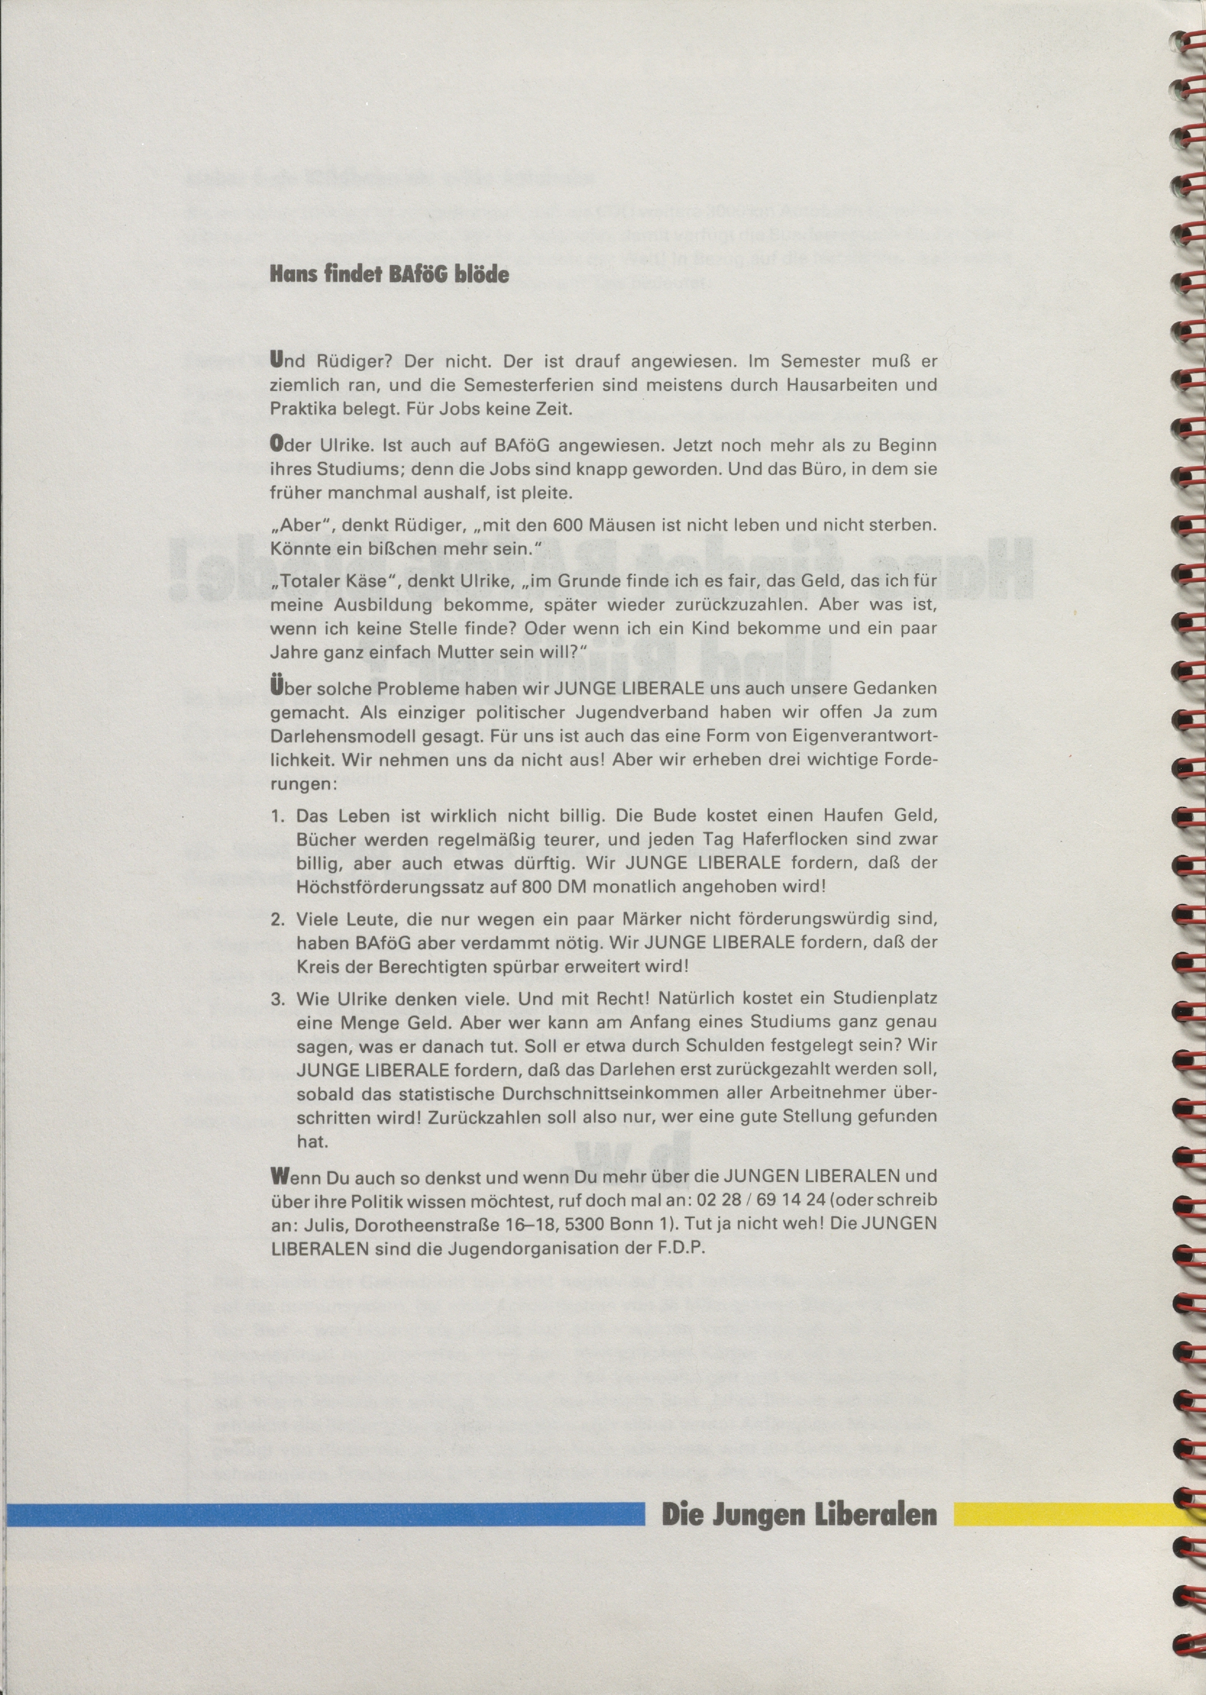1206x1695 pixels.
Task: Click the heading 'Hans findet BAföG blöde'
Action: click(x=389, y=274)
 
